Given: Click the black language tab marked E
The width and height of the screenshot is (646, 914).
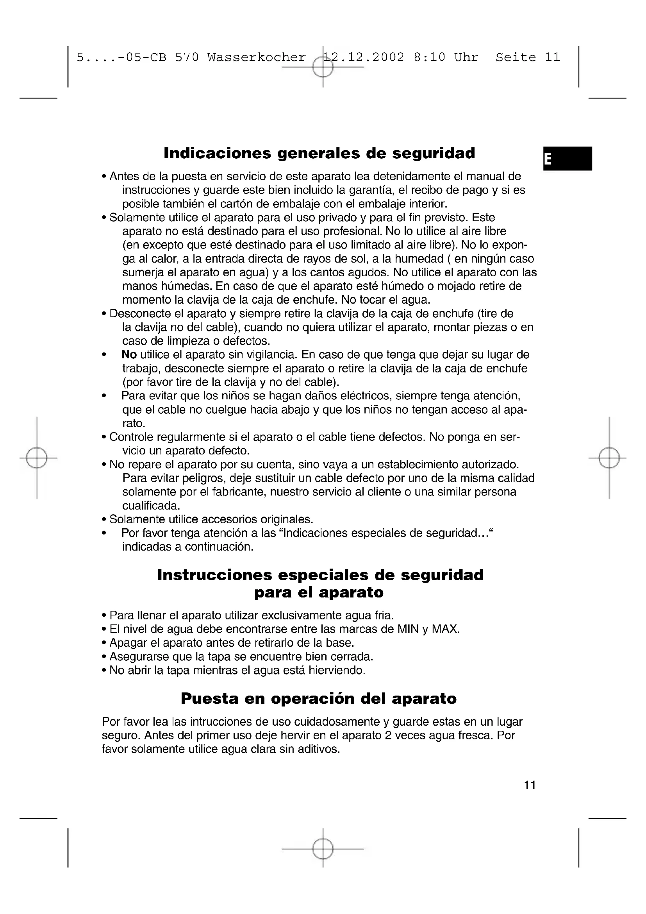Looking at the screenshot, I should [x=567, y=158].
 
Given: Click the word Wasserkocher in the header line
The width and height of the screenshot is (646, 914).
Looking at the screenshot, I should [x=257, y=58].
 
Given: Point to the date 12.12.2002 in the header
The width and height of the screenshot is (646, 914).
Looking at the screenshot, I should [x=364, y=58].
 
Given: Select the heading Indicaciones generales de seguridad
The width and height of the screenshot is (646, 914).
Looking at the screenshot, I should [x=319, y=153].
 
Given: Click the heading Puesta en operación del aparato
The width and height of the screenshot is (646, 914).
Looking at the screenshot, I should [x=319, y=699].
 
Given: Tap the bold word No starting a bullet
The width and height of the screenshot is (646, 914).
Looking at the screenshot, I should [x=129, y=354].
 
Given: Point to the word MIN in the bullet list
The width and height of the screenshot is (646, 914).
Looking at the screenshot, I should [x=408, y=629].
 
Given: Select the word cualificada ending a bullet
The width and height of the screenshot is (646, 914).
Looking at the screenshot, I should [x=151, y=506].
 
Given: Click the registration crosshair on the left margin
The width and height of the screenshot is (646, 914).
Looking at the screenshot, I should [x=37, y=458].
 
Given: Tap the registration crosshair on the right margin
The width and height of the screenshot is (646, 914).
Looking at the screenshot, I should [x=609, y=458].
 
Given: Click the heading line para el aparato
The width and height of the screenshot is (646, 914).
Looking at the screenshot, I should [x=319, y=592].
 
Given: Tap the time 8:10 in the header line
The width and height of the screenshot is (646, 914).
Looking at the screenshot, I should [x=430, y=58].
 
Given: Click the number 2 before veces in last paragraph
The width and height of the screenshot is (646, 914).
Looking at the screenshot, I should [x=389, y=735].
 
